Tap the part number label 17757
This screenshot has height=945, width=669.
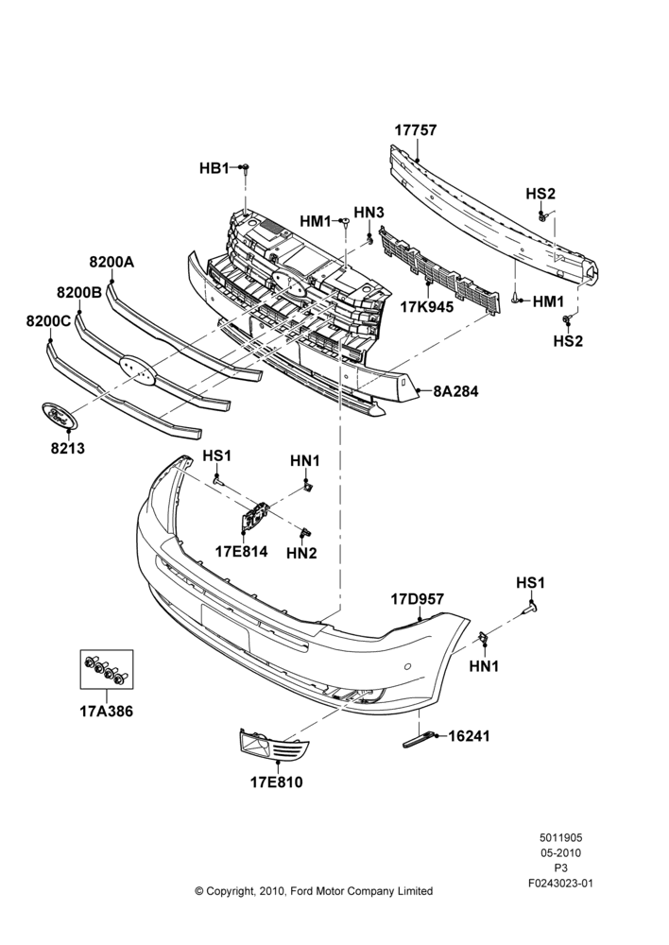(416, 130)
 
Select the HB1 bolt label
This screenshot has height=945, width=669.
(214, 168)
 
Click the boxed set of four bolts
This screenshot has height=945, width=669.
(107, 669)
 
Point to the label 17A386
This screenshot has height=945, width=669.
(107, 712)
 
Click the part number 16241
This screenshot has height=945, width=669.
(469, 736)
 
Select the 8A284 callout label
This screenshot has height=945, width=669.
(455, 391)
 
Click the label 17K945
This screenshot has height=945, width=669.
(427, 307)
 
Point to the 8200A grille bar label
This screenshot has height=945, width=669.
(111, 262)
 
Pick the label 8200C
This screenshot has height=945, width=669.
(48, 321)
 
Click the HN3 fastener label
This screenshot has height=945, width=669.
(369, 212)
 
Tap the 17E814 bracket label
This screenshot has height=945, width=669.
(242, 552)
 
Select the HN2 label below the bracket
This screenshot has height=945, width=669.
(301, 552)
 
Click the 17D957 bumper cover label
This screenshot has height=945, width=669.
(417, 599)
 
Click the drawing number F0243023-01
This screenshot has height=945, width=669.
(560, 884)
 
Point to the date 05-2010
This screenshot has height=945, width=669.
(560, 852)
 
